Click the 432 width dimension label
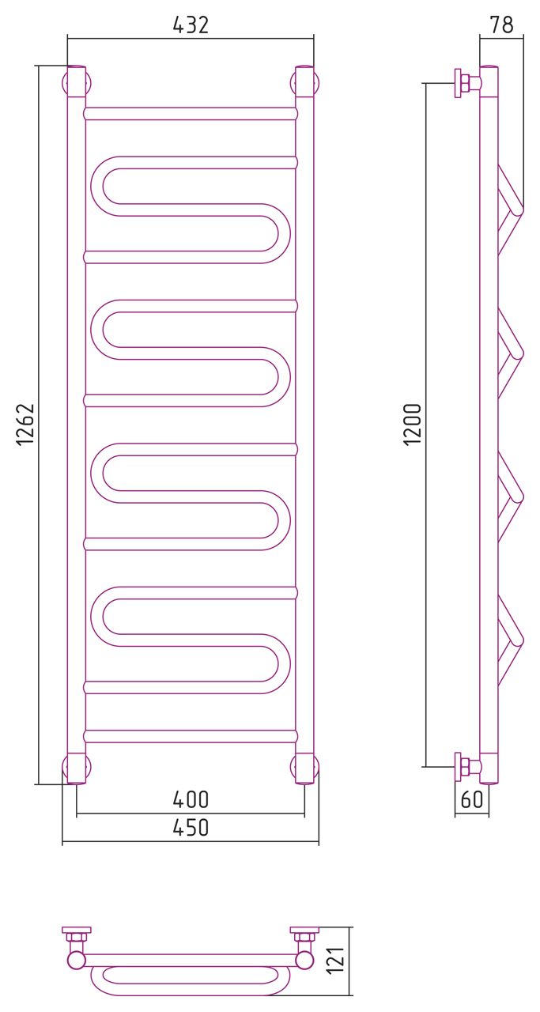[191, 25]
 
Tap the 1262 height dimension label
[26, 425]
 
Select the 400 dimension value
[191, 800]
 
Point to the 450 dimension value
[191, 828]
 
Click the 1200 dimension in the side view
[413, 425]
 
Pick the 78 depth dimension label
[501, 25]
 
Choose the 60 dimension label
[471, 799]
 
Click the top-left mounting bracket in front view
[77, 82]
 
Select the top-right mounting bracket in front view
[305, 82]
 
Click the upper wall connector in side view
[466, 82]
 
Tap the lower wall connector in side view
[466, 766]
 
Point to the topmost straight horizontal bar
[191, 114]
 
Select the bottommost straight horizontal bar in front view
[191, 736]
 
